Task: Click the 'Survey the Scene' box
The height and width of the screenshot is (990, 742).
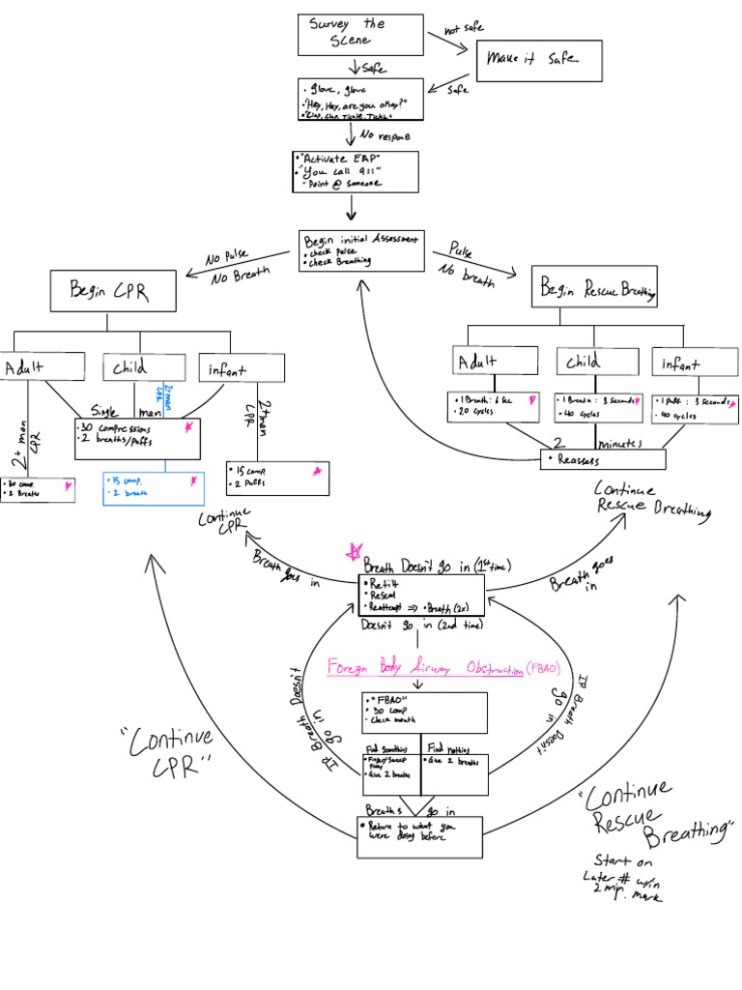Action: [x=360, y=35]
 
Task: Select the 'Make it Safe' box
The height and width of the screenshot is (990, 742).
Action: [x=539, y=60]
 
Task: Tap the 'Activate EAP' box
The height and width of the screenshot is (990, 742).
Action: [x=355, y=171]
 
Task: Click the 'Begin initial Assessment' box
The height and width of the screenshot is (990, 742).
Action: [x=361, y=250]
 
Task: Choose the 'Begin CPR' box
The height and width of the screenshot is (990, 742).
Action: [x=113, y=290]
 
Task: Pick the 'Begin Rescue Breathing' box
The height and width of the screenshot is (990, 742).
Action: [x=594, y=288]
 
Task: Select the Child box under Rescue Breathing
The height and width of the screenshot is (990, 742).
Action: [x=593, y=361]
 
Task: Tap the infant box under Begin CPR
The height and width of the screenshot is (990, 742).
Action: [x=243, y=367]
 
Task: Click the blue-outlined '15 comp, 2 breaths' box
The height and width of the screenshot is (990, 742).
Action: [x=154, y=488]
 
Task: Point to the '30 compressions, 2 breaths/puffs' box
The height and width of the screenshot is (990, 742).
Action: [x=137, y=438]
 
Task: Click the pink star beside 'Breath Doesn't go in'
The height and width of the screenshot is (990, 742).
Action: [x=354, y=553]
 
